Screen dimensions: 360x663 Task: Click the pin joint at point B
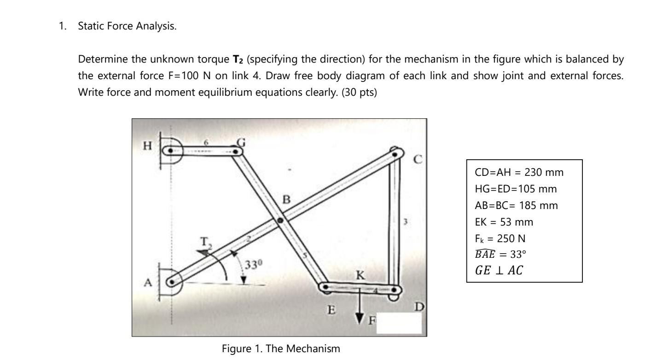tap(280, 221)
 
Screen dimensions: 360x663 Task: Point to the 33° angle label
tap(253, 265)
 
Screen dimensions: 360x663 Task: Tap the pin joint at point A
tap(171, 282)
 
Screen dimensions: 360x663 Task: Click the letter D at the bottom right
tap(420, 307)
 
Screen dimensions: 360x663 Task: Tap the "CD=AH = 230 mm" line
tap(519, 173)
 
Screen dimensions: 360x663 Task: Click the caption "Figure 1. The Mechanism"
tap(281, 348)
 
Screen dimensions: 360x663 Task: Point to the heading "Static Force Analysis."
tap(127, 26)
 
